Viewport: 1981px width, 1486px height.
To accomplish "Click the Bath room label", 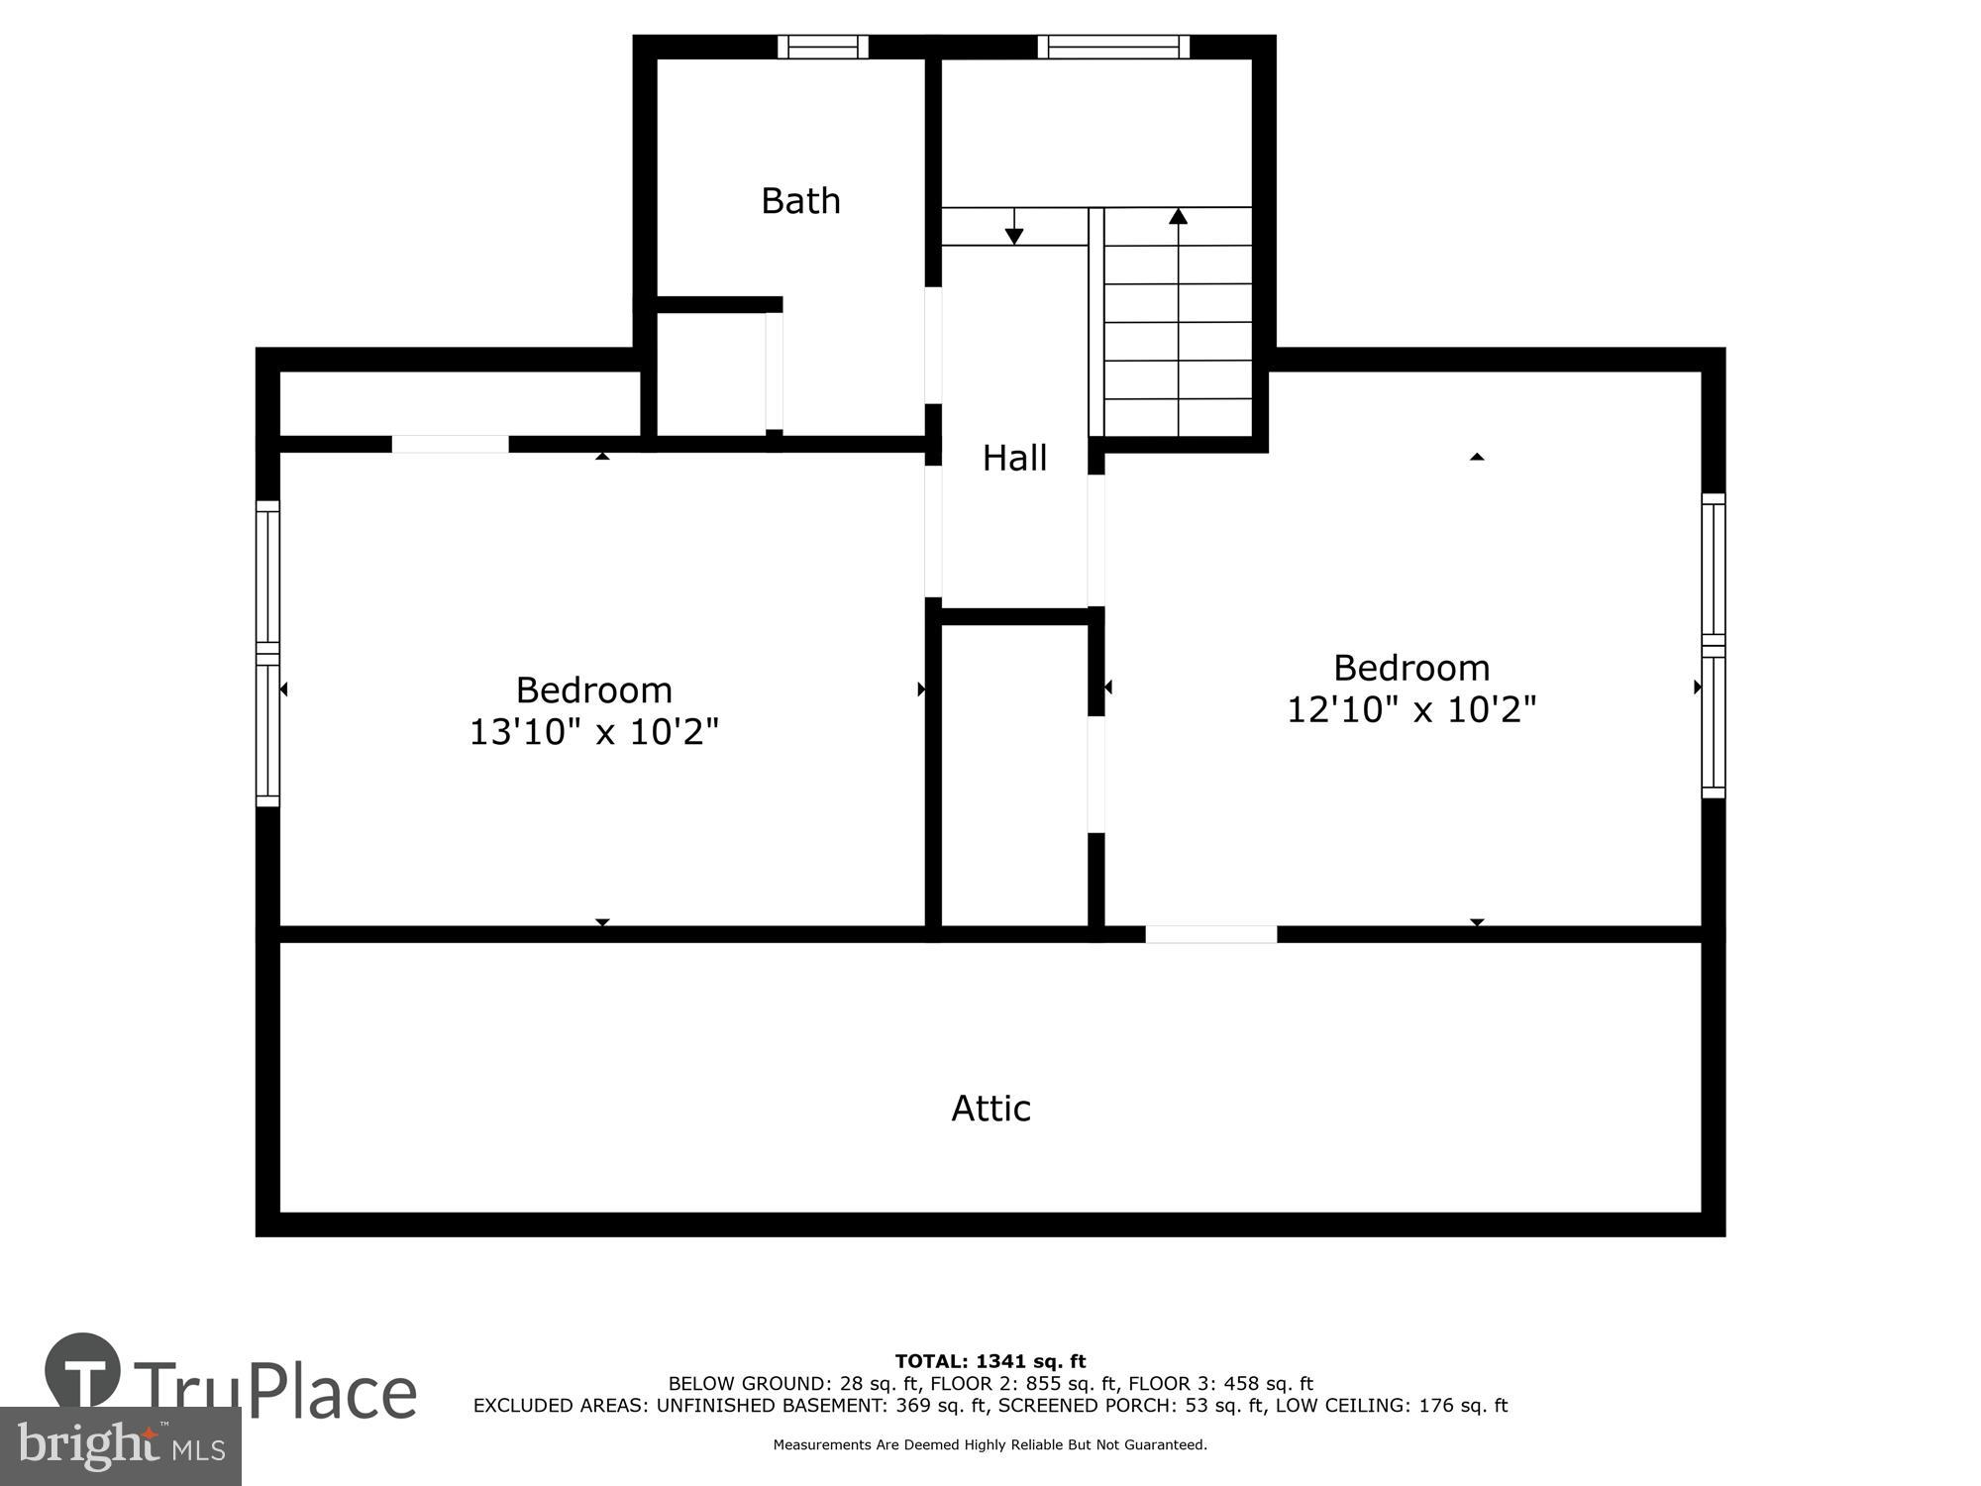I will pos(800,201).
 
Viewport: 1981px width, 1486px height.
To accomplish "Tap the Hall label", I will pos(1014,458).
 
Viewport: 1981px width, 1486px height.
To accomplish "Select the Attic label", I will pos(990,1108).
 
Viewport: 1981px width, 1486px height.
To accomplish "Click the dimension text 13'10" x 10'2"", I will pos(593,732).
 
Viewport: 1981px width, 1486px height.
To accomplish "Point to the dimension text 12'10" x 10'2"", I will pos(1410,710).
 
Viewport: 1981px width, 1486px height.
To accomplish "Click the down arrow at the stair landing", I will pos(1013,234).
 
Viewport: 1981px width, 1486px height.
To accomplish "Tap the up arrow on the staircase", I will pos(1178,217).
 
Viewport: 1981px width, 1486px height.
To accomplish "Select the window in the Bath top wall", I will pos(822,47).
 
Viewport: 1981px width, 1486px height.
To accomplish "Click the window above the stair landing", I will pos(1113,47).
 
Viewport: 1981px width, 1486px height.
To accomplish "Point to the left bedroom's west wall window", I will pos(267,653).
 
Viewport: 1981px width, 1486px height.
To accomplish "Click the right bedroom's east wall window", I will pos(1714,646).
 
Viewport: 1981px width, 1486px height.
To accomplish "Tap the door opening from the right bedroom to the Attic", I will pos(1210,934).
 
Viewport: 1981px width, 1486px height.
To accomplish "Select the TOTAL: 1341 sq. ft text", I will pos(990,1361).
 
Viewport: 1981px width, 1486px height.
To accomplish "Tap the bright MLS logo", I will pos(120,1446).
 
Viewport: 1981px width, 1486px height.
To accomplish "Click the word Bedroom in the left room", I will pos(593,690).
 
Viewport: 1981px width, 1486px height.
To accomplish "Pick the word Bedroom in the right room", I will pos(1410,668).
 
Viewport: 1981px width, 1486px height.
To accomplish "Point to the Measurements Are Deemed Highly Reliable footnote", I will pos(990,1444).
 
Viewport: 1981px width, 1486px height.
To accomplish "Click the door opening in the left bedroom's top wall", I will pos(450,444).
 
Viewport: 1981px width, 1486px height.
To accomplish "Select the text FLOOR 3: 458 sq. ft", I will pos(1220,1383).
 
